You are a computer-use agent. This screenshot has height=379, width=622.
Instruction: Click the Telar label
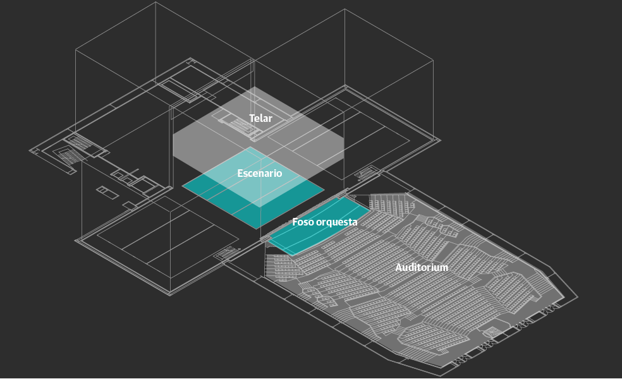click(x=260, y=118)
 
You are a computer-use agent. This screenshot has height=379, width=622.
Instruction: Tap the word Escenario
click(x=259, y=173)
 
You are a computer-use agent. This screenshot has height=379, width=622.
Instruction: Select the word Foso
click(x=303, y=222)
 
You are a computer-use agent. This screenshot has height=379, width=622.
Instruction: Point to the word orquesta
click(x=336, y=222)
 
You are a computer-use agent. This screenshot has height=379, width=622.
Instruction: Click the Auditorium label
click(x=422, y=267)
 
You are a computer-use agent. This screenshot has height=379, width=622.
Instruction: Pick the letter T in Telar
click(x=252, y=118)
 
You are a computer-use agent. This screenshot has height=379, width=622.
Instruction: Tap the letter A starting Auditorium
click(x=399, y=267)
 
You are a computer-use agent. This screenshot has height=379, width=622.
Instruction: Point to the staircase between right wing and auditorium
click(x=367, y=173)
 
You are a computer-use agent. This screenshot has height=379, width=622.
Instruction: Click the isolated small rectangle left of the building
click(x=107, y=192)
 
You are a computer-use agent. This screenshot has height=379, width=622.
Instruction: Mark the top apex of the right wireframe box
click(x=345, y=9)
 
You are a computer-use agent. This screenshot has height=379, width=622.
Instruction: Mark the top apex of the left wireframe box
click(x=155, y=2)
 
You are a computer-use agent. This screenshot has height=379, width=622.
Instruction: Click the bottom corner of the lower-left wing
click(x=170, y=294)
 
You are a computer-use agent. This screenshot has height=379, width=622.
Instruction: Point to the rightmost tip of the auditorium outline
click(x=577, y=297)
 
